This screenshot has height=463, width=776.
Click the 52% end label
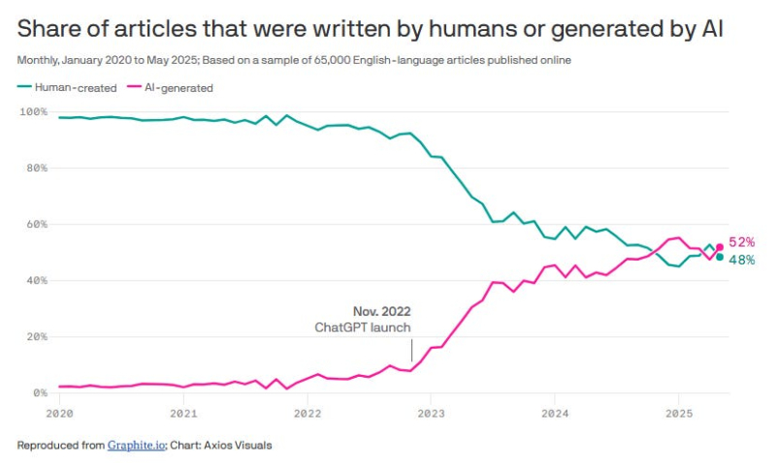point(742,242)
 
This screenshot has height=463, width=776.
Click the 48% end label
point(742,260)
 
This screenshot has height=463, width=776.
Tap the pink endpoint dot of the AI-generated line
point(719,247)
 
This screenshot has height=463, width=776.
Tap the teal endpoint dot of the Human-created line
point(719,257)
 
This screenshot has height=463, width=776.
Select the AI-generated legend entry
point(173,88)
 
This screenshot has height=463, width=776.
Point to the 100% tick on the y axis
point(33,112)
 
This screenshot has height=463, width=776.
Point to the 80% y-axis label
point(35,169)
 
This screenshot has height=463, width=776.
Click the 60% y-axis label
point(35,225)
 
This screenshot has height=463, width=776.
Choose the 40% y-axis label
point(35,281)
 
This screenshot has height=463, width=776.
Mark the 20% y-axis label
point(35,337)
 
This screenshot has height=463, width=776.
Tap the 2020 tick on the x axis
point(59,413)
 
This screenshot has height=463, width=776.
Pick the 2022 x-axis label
point(307,413)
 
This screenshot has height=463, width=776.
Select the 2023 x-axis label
point(430,413)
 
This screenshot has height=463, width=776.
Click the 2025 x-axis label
point(677,413)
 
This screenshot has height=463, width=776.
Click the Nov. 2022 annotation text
point(381,312)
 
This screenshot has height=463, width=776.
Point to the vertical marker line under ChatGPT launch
point(411,350)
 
